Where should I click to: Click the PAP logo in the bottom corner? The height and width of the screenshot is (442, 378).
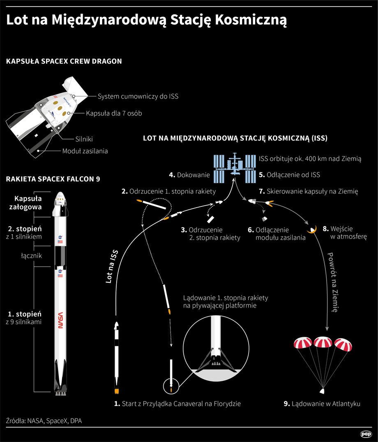(x=366, y=434)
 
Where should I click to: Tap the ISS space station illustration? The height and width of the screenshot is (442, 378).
(x=235, y=168)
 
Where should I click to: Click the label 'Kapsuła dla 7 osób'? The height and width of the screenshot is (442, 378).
(x=114, y=113)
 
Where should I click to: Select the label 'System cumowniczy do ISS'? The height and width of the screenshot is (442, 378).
(x=138, y=96)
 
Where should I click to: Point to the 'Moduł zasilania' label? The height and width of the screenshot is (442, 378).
(x=85, y=151)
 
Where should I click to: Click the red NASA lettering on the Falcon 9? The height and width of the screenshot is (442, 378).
(x=60, y=320)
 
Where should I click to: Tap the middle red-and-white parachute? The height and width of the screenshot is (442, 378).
(x=323, y=342)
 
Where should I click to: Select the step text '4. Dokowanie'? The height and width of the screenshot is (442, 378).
(x=189, y=175)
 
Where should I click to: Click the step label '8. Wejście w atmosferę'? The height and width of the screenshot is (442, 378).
(x=345, y=233)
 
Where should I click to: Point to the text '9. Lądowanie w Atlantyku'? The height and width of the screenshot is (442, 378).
(x=322, y=404)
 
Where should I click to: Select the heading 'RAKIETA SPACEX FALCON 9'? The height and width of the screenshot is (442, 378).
(x=53, y=179)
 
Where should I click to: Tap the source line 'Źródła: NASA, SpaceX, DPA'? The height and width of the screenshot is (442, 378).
(x=44, y=421)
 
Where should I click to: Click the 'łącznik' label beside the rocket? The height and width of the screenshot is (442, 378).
(x=32, y=256)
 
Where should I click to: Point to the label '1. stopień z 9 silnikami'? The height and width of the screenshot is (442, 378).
(x=24, y=318)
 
